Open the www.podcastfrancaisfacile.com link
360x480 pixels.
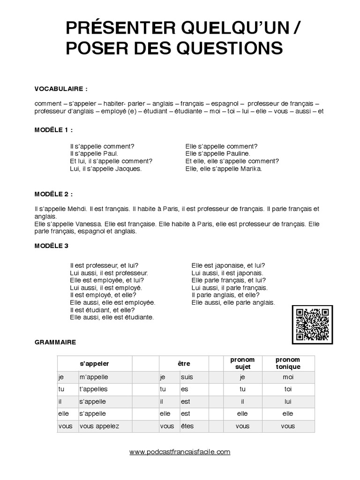pos(180,452)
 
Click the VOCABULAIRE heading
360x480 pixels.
pos(61,88)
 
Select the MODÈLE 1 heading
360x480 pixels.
pos(54,129)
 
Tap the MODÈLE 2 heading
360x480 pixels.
pos(54,194)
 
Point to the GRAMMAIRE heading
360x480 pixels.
pos(55,343)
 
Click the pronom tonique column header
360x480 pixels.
pos(288,363)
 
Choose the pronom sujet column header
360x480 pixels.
pos(242,363)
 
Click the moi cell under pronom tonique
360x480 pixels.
pos(288,376)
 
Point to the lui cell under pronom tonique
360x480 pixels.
pos(288,401)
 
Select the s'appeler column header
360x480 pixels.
pos(94,363)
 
